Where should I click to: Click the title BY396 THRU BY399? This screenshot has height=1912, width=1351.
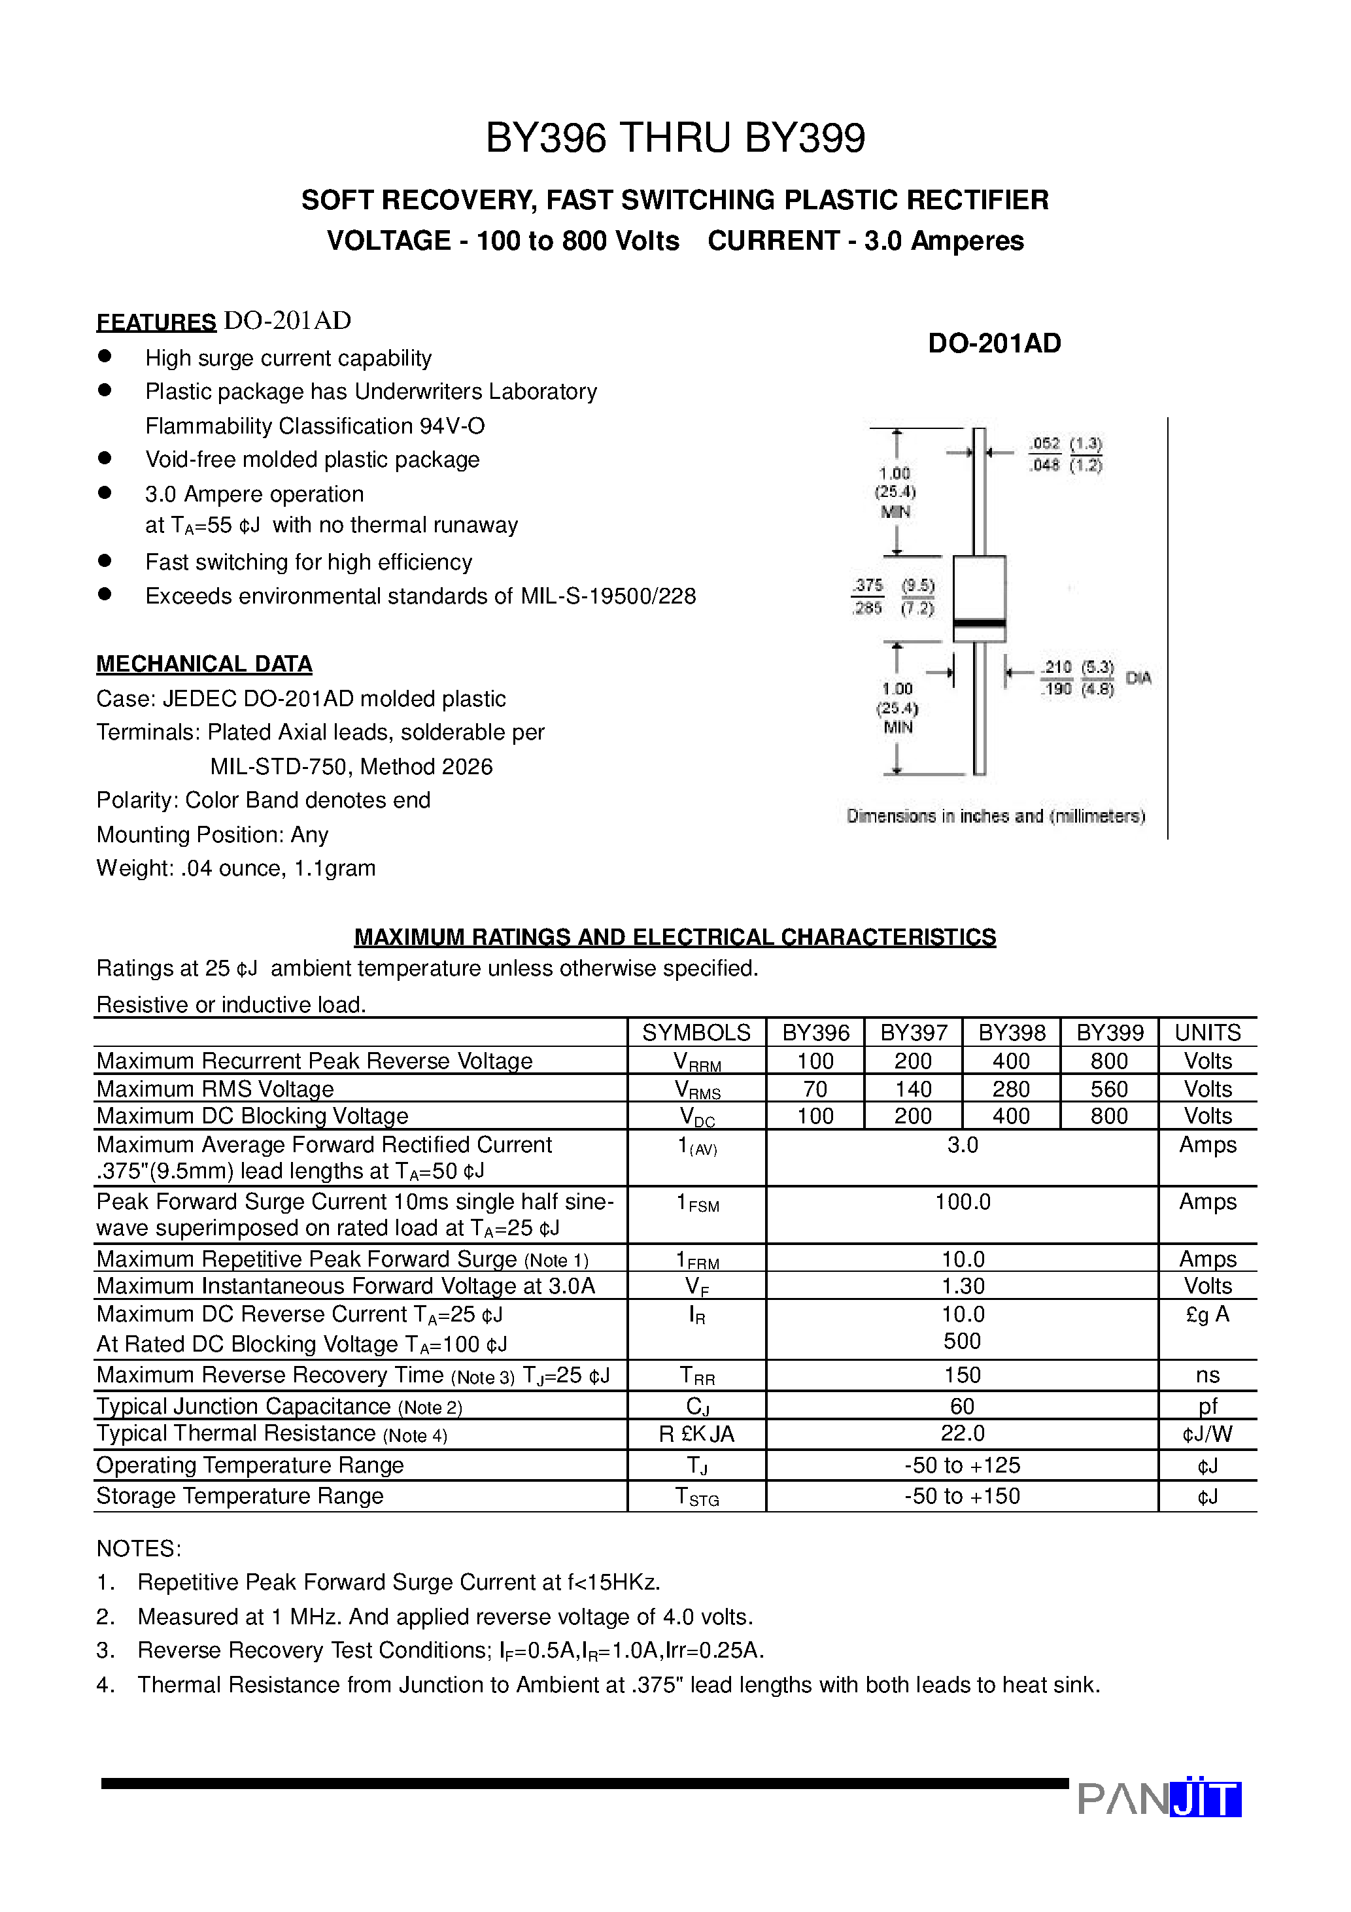click(675, 138)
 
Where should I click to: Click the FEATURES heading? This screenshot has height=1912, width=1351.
click(156, 322)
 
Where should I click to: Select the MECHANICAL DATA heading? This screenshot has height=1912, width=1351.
click(204, 664)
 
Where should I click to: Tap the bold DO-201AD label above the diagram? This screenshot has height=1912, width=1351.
click(994, 343)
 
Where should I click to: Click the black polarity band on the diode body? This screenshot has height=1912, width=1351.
click(979, 623)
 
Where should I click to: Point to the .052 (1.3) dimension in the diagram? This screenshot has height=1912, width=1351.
click(1065, 444)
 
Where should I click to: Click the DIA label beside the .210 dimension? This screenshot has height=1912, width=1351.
click(1138, 678)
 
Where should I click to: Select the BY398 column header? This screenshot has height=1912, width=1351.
click(1011, 1033)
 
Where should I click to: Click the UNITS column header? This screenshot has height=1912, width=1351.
click(1207, 1033)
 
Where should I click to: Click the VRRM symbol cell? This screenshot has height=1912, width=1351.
click(696, 1062)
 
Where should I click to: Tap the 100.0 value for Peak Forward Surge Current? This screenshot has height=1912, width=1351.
click(962, 1202)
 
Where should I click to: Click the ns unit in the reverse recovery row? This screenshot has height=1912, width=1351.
click(1207, 1375)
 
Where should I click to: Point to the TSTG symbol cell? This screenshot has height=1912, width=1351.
click(696, 1497)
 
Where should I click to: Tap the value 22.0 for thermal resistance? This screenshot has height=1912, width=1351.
click(962, 1433)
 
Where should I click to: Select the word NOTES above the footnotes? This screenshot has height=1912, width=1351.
click(138, 1549)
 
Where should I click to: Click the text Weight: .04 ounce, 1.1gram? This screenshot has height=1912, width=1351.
click(235, 868)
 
